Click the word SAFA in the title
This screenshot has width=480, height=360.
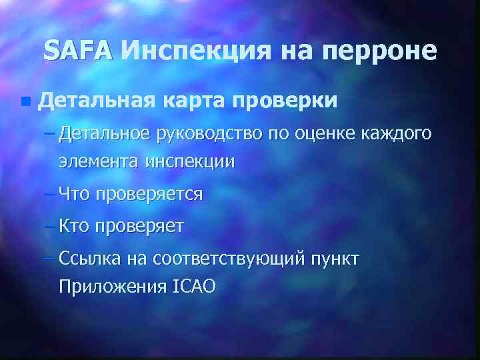79,51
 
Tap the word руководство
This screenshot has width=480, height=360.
209,135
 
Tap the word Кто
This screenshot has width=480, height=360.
75,226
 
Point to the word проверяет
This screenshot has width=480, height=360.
139,226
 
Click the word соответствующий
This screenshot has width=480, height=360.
229,259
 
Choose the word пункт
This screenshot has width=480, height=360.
335,259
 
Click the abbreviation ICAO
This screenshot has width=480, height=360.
193,286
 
